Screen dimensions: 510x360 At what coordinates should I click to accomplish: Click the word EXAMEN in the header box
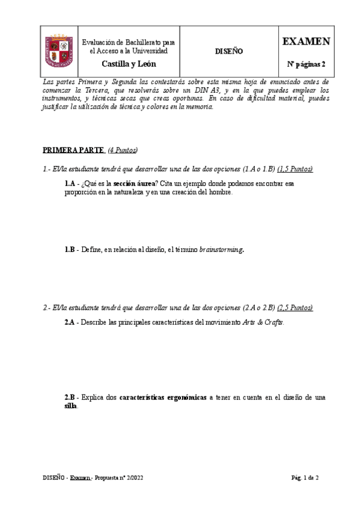(x=306, y=41)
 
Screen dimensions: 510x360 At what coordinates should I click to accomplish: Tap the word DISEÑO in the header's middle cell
(x=229, y=52)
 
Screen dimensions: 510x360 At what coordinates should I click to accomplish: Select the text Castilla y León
(x=128, y=64)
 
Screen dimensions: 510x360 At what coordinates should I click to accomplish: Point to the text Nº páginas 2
(x=306, y=64)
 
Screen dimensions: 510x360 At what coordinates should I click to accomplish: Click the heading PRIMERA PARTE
(x=73, y=149)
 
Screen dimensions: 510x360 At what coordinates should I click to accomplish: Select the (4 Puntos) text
(x=123, y=149)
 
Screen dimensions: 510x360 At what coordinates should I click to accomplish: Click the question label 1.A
(x=70, y=183)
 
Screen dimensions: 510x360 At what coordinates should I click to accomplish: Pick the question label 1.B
(x=70, y=249)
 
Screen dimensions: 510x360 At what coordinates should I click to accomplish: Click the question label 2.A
(x=70, y=322)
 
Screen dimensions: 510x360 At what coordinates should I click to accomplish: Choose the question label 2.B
(x=70, y=398)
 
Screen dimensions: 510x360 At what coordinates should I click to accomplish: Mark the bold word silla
(x=71, y=406)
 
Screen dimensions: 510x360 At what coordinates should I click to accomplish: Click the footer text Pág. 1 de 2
(x=305, y=478)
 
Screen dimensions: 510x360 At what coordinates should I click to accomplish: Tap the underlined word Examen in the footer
(x=80, y=478)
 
